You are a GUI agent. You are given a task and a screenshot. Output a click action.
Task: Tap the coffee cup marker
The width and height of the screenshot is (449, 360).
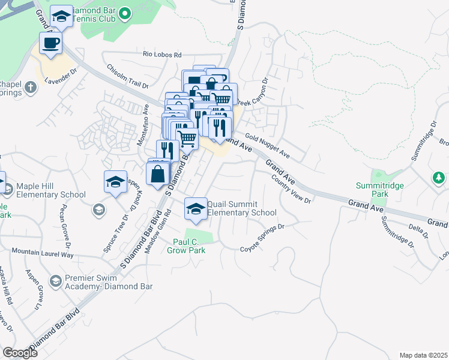coord(50,43)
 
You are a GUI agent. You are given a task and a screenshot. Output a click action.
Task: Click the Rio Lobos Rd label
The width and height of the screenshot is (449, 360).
coord(161,55)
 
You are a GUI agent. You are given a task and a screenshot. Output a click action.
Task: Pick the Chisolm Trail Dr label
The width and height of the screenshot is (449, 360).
coord(127,77)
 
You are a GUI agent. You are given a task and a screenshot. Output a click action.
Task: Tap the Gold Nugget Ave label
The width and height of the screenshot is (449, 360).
coord(267,147)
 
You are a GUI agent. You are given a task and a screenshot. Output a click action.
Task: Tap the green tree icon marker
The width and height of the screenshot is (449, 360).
coord(439,178)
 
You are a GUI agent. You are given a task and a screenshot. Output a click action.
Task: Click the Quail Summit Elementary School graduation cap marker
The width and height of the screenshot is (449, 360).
coord(194,208)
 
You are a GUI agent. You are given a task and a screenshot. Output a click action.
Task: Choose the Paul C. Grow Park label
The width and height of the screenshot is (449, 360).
coord(189,246)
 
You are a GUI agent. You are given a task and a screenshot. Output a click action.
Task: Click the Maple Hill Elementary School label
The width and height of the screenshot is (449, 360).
coord(51,190)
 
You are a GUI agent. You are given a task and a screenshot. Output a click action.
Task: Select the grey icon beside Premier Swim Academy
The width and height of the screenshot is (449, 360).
coord(55,281)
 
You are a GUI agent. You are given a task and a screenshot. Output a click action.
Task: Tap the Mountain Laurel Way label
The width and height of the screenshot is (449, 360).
coord(42,254)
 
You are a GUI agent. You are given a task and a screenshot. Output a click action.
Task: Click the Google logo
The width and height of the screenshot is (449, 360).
coord(20,352)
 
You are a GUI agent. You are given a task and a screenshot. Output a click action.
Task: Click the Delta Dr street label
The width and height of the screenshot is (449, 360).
coord(416,228)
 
